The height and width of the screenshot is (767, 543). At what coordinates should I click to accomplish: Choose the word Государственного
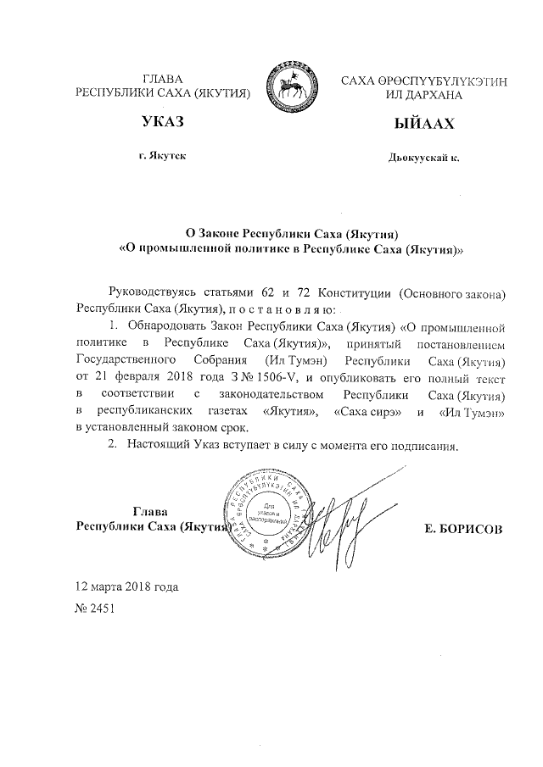126,359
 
